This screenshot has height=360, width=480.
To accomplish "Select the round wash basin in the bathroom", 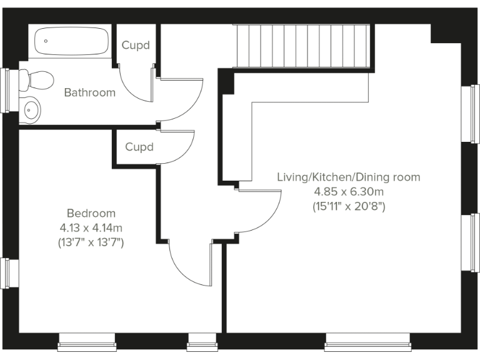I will (31, 110).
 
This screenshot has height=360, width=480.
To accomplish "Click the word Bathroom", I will (90, 92).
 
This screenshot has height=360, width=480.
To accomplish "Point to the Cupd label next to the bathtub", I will (136, 45).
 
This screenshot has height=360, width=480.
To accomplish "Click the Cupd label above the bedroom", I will (139, 147).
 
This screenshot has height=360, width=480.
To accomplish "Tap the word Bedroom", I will (91, 213).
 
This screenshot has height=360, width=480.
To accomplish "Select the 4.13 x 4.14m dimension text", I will (91, 227).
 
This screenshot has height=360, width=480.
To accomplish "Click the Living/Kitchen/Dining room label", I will (349, 177).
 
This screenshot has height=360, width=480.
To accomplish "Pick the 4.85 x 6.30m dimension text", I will (349, 191).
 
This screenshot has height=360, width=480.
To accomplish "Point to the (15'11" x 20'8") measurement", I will (349, 206).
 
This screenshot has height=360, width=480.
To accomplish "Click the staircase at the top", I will (302, 45).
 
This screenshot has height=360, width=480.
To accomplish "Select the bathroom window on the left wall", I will (7, 90).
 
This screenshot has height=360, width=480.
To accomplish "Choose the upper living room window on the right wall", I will (471, 113).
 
